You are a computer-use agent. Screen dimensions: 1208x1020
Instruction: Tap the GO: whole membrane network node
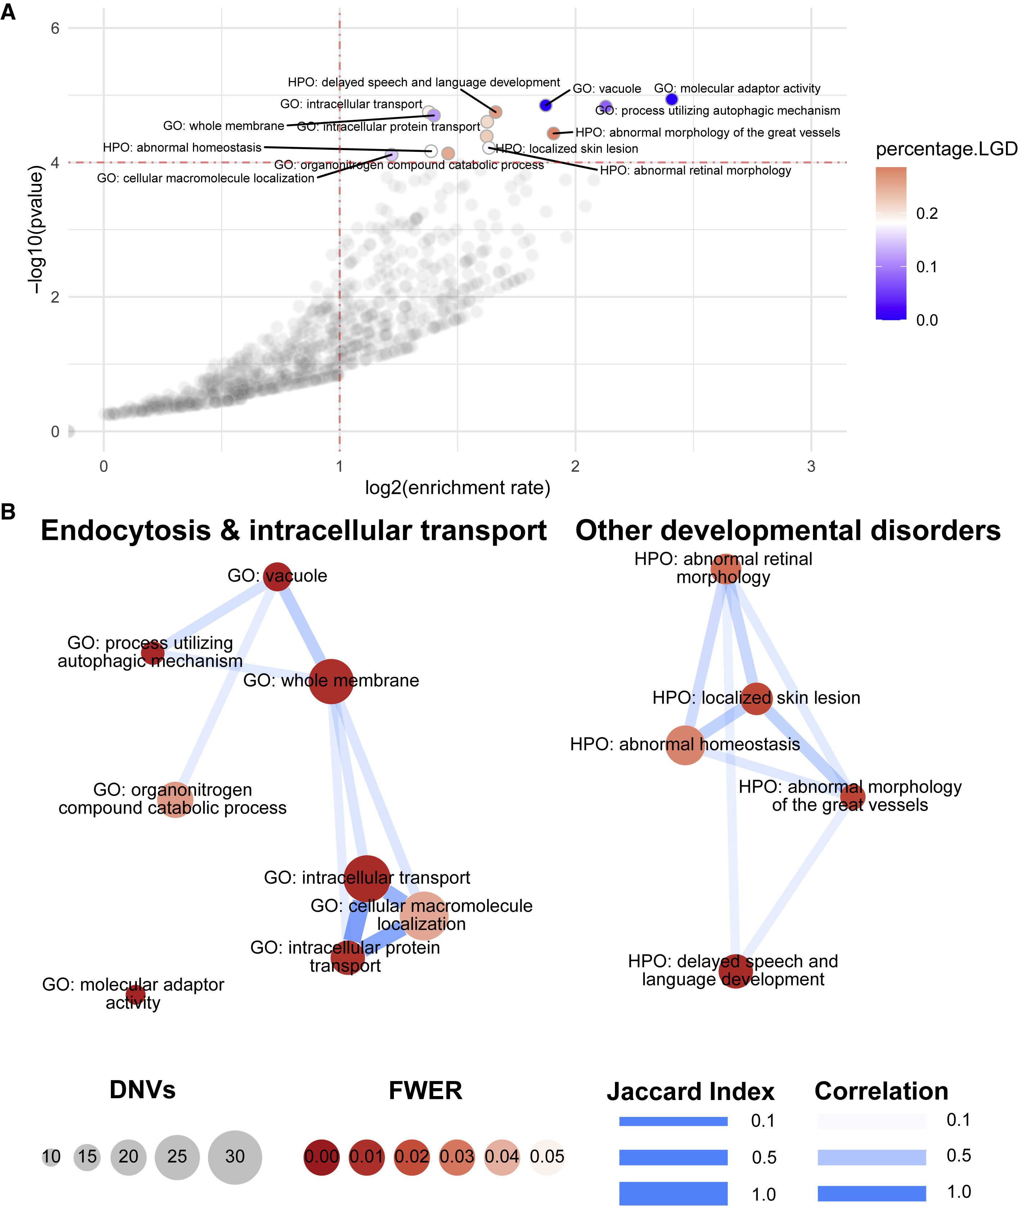pyautogui.click(x=331, y=681)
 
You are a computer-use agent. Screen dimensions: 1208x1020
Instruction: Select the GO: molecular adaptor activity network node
pyautogui.click(x=135, y=995)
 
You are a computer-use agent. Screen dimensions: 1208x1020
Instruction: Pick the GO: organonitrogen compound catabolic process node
pyautogui.click(x=175, y=799)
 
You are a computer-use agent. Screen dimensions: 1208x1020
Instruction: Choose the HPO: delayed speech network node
pyautogui.click(x=735, y=972)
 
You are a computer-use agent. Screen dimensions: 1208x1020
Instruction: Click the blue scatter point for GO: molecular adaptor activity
pyautogui.click(x=671, y=99)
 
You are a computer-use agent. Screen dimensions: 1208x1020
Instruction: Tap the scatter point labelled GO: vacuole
pyautogui.click(x=545, y=105)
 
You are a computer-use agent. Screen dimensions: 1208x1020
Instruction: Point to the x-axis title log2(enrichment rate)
pyautogui.click(x=457, y=488)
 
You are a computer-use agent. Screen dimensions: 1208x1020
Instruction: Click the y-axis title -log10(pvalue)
pyautogui.click(x=36, y=230)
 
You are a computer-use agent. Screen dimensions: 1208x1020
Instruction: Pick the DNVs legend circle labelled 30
pyautogui.click(x=235, y=1157)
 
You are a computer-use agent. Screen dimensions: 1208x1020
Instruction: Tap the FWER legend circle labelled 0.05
pyautogui.click(x=547, y=1157)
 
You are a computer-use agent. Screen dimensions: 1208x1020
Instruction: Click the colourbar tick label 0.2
pyautogui.click(x=927, y=214)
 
